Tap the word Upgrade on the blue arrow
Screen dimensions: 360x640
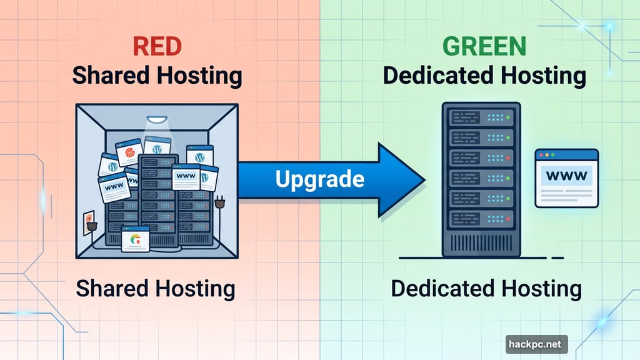click(319, 180)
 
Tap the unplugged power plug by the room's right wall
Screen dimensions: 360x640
click(219, 203)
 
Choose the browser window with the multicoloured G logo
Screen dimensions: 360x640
click(136, 239)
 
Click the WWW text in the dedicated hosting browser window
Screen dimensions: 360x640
click(566, 176)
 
